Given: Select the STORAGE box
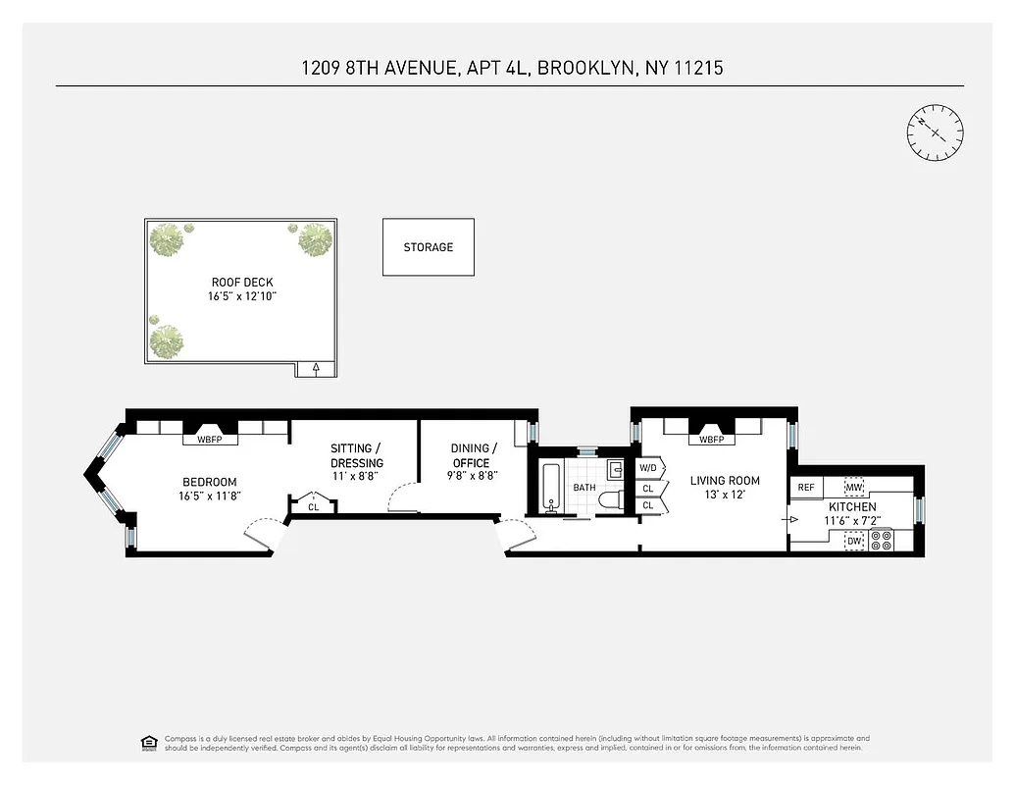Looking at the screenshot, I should click(x=428, y=247).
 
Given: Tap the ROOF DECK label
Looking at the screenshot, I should click(x=242, y=283).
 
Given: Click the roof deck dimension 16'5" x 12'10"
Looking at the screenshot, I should click(x=242, y=296).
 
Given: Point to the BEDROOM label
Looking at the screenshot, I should click(x=209, y=482).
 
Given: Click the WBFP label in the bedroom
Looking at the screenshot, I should click(x=209, y=440).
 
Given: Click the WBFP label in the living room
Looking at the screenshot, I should click(x=711, y=440).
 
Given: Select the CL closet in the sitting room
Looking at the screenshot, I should click(x=313, y=506).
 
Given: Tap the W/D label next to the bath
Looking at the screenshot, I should click(x=648, y=467).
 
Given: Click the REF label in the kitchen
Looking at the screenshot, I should click(x=806, y=487).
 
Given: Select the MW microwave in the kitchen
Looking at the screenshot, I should click(x=853, y=487).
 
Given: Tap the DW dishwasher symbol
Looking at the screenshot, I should click(x=854, y=541).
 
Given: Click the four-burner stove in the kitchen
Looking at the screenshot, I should click(x=881, y=541).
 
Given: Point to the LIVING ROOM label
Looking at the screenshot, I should click(x=725, y=481).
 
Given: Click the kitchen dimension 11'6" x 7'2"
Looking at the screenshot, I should click(x=852, y=521).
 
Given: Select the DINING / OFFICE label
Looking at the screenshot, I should click(x=471, y=455).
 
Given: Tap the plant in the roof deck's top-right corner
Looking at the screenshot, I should click(x=314, y=238).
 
